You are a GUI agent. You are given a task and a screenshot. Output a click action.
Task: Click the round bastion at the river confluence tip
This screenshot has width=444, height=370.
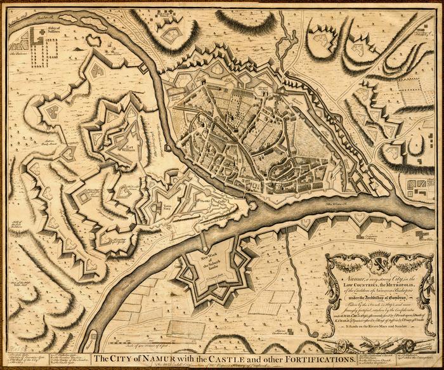(x=252, y=206)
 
